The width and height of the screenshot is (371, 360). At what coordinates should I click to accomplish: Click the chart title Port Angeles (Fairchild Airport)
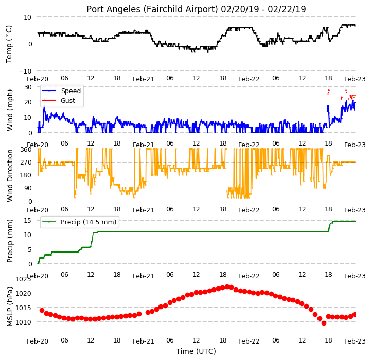click(x=152, y=9)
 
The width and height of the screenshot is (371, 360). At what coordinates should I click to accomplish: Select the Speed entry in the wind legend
click(x=61, y=91)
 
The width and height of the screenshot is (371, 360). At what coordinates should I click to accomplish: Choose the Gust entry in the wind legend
click(x=58, y=100)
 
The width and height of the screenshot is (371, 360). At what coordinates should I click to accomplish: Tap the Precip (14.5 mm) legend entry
click(x=79, y=222)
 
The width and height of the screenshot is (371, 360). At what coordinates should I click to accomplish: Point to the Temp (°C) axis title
click(x=9, y=44)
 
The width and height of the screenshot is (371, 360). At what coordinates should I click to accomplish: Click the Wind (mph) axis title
click(x=9, y=110)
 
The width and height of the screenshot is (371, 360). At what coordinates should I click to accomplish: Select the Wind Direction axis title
click(x=9, y=175)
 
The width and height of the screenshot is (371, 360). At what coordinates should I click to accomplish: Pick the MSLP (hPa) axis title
click(x=9, y=307)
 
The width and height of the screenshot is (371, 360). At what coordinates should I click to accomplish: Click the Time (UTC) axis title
click(x=196, y=351)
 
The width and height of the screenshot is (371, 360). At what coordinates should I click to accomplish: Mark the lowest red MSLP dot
click(x=324, y=323)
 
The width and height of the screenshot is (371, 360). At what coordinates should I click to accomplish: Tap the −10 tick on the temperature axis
click(x=25, y=71)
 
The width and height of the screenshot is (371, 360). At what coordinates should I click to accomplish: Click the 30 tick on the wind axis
click(x=28, y=87)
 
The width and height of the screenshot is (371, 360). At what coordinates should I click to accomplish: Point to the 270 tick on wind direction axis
click(x=26, y=163)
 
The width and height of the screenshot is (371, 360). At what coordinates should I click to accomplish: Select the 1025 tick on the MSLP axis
click(x=23, y=279)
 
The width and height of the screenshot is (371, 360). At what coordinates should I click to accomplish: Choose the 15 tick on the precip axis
click(x=28, y=220)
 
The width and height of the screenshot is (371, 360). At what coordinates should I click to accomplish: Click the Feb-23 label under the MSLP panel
click(x=355, y=341)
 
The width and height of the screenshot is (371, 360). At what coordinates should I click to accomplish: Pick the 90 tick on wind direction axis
click(x=28, y=188)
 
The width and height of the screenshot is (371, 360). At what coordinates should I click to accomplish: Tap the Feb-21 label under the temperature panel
click(x=144, y=79)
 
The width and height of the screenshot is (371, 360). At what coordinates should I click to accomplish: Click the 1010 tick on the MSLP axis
click(x=23, y=322)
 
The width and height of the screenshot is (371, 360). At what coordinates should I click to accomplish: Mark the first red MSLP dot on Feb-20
click(x=42, y=310)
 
